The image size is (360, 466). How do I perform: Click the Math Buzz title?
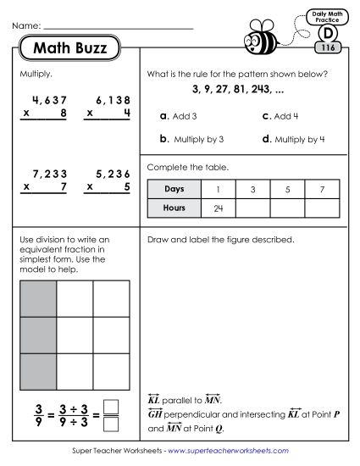pos(70,48)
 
